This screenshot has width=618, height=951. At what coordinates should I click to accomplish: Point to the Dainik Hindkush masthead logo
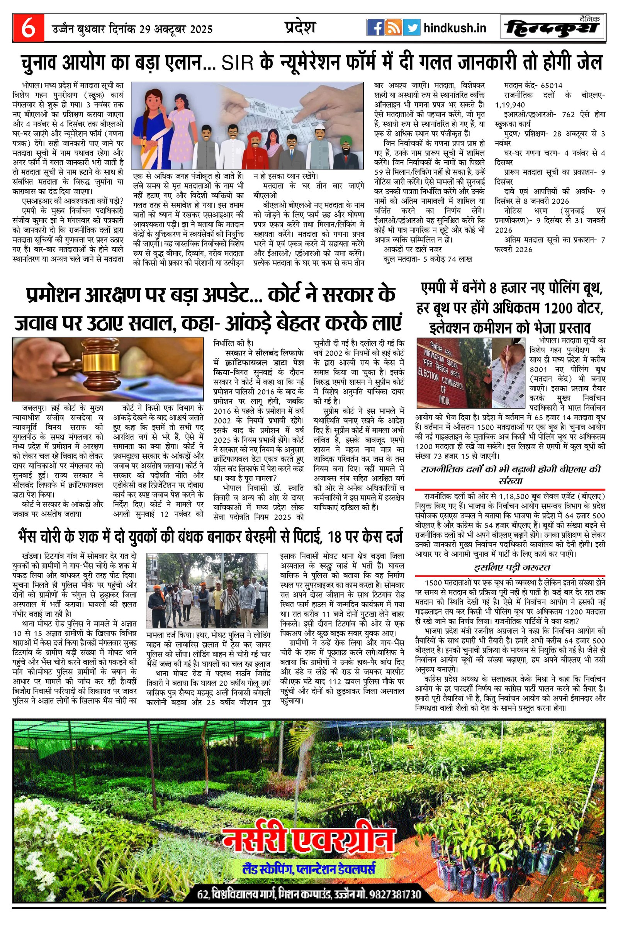click(x=553, y=28)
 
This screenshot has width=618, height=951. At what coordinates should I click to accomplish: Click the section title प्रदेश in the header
click(x=300, y=27)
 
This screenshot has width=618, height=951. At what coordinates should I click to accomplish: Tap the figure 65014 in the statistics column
click(x=552, y=85)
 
